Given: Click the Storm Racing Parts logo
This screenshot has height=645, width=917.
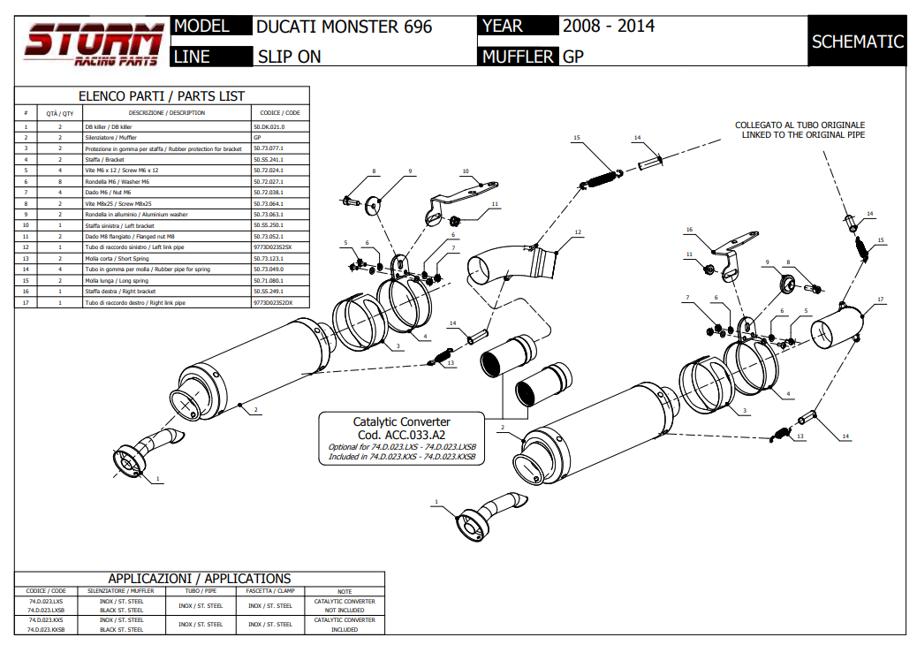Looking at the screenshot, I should tap(93, 42).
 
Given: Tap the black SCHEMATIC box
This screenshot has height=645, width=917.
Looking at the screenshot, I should tap(857, 42).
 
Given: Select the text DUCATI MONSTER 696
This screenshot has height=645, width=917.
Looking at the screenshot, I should tap(344, 27).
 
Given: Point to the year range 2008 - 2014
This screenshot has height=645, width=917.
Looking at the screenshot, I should tap(609, 26).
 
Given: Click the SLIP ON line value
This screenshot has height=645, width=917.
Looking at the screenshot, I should tap(289, 57).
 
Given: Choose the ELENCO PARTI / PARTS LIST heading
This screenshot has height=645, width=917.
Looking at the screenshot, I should tap(162, 95).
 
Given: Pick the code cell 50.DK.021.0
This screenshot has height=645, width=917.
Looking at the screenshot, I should tap(269, 126).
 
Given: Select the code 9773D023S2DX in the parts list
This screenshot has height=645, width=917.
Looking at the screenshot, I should tap(273, 302).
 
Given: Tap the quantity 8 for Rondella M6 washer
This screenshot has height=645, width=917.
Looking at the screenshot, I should tap(60, 181).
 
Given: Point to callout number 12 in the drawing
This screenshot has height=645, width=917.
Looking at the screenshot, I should tap(577, 232).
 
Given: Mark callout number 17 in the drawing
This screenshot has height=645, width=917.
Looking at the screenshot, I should tap(880, 300).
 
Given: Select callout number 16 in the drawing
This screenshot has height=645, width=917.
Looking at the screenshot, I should tap(689, 230).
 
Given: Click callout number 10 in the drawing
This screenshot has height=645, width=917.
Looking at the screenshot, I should tap(465, 171).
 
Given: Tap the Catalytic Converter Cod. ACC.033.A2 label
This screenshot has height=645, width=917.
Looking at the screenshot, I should tap(401, 428).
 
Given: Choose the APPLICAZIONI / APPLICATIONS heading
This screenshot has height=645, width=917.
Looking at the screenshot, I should tap(199, 579).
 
